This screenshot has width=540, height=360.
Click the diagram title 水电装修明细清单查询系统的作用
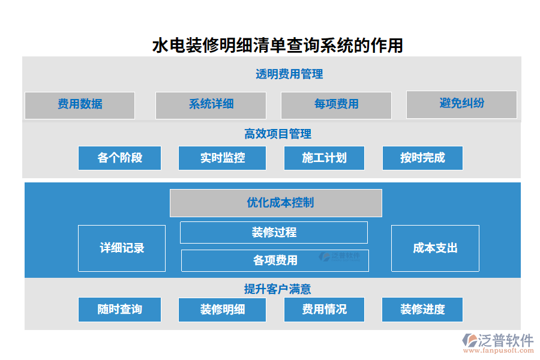pyautogui.click(x=278, y=46)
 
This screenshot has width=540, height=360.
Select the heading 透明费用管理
pyautogui.click(x=289, y=74)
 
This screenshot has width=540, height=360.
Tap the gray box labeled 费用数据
pyautogui.click(x=80, y=105)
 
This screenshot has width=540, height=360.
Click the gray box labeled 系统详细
pyautogui.click(x=211, y=105)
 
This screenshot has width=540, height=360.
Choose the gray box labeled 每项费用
pyautogui.click(x=336, y=105)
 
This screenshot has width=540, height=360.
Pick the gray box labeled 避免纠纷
pyautogui.click(x=461, y=104)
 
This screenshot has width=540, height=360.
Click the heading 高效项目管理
pyautogui.click(x=277, y=134)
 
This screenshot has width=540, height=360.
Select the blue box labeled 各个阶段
pyautogui.click(x=120, y=158)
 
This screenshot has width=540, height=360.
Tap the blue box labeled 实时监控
pyautogui.click(x=222, y=158)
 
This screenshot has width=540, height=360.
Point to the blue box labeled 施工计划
pyautogui.click(x=324, y=158)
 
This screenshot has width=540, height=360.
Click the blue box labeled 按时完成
pyautogui.click(x=422, y=158)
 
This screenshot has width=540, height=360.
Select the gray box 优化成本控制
pyautogui.click(x=276, y=203)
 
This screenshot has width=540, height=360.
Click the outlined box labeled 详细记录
pyautogui.click(x=122, y=248)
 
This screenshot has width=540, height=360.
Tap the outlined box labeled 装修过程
pyautogui.click(x=274, y=232)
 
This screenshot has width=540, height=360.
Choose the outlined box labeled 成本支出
pyautogui.click(x=435, y=248)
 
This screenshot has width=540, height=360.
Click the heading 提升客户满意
pyautogui.click(x=277, y=289)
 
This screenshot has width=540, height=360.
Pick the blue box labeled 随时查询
pyautogui.click(x=120, y=310)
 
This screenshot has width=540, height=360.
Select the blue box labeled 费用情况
pyautogui.click(x=324, y=310)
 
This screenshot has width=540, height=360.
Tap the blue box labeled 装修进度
pyautogui.click(x=422, y=310)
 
